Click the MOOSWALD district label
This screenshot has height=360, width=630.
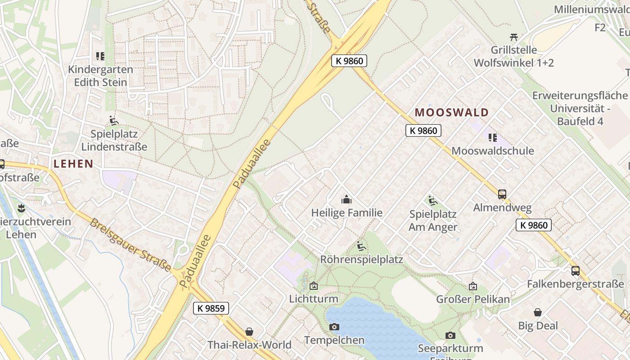(451, 112)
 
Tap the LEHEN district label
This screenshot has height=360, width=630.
(73, 164)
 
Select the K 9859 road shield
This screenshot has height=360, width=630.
(211, 308)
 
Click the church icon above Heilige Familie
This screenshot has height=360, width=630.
(346, 199)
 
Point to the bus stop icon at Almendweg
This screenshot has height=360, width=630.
(502, 194)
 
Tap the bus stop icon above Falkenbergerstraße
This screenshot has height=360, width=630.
(575, 270)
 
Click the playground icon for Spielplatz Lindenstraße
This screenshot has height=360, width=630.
(114, 121)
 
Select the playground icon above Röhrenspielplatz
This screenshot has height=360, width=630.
(361, 246)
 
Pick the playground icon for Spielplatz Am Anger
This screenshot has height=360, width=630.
(432, 201)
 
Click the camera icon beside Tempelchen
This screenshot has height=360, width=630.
(334, 327)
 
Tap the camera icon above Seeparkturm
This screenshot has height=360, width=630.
(450, 335)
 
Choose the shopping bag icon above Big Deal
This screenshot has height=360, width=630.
(538, 312)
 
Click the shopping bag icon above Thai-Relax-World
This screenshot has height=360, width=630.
(249, 332)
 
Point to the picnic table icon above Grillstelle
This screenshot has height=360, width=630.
(514, 36)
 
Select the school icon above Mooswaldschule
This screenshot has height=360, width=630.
(492, 137)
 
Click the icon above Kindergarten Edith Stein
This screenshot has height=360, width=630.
(100, 56)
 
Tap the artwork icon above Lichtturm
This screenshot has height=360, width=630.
(313, 286)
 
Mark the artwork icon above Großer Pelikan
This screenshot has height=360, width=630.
(472, 286)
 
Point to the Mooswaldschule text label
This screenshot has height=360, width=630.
(492, 151)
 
